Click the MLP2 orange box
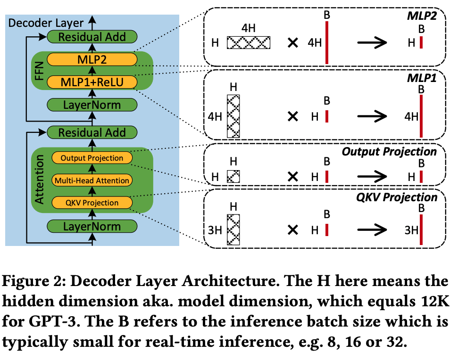tap(92, 60)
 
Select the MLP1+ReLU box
tap(92, 82)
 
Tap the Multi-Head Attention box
tap(92, 180)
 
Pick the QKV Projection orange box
tap(92, 203)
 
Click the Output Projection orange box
tap(92, 158)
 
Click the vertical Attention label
tap(40, 180)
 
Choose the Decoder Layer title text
tap(46, 22)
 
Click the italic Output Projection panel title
tap(389, 152)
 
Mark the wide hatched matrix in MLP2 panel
tap(249, 43)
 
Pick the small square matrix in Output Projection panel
tap(233, 176)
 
